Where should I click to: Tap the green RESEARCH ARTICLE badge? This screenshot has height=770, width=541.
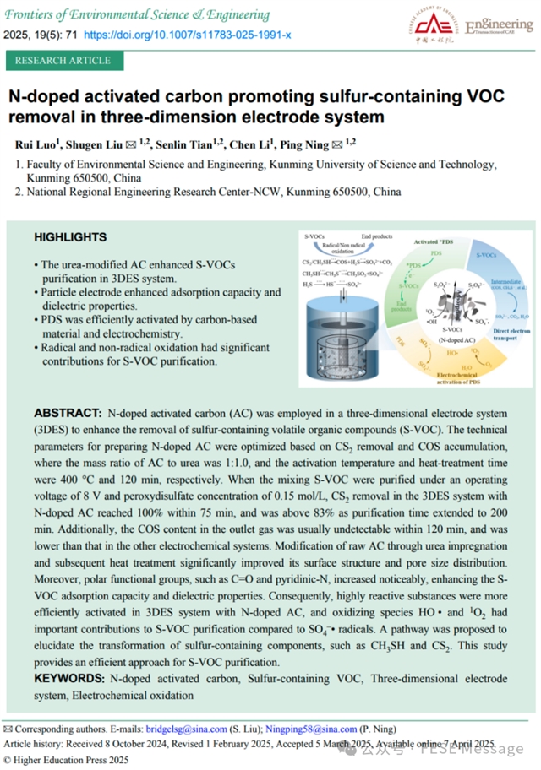point(63,61)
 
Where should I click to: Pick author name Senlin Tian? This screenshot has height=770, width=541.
point(189,144)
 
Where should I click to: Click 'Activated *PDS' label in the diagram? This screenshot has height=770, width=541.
point(440,243)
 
